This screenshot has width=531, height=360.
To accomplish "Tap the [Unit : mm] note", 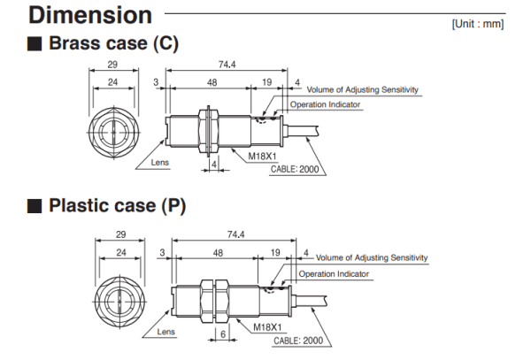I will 477,24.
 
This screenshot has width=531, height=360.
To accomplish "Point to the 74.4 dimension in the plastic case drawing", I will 235,234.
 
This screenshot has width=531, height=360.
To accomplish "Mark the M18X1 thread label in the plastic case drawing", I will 268,326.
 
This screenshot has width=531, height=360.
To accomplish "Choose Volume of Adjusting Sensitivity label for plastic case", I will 372,257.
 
